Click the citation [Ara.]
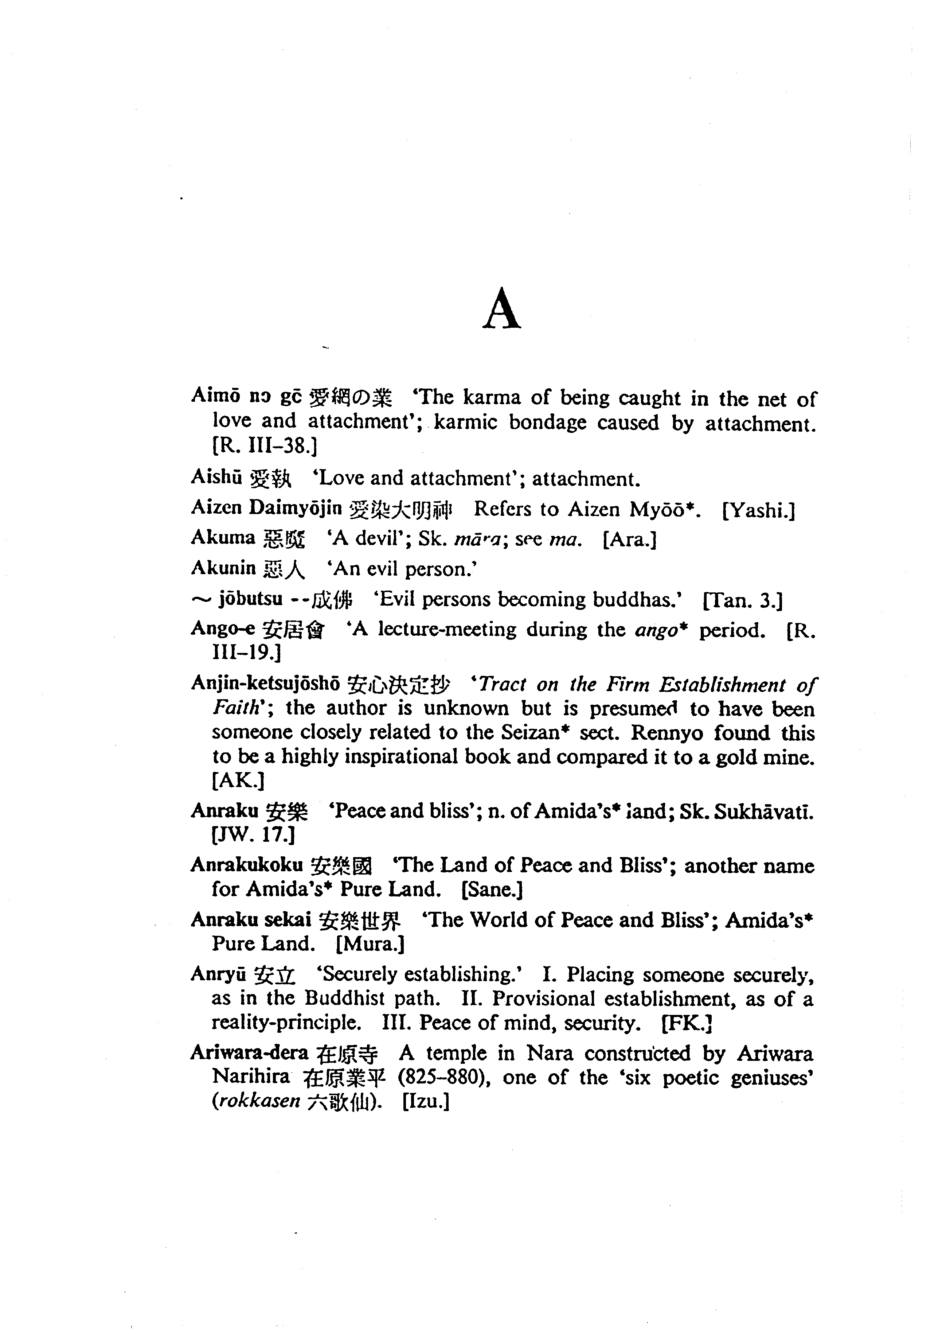pos(630,540)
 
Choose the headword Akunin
pos(223,568)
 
